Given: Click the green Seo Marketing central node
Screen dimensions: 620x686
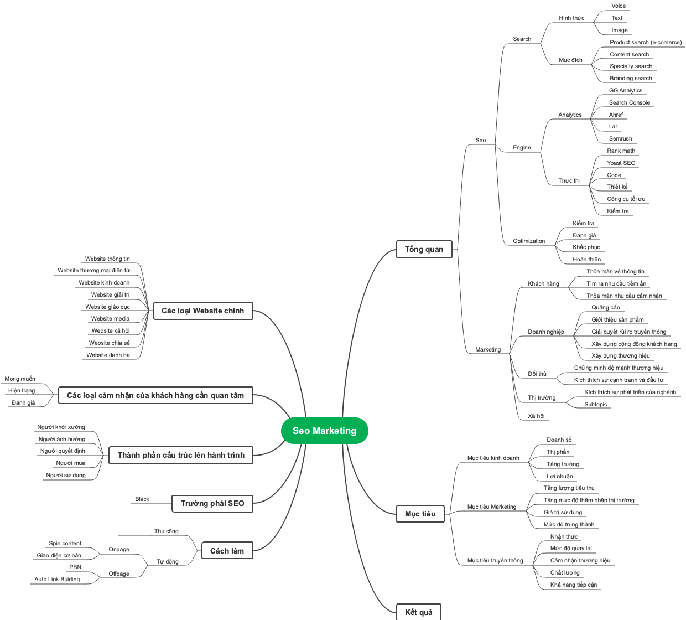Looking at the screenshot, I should pos(325,431).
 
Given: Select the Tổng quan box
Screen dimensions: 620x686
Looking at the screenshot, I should pos(424,249).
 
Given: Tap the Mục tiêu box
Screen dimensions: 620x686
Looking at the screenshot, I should pos(420,514).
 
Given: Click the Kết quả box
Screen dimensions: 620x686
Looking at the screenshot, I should pos(418,612).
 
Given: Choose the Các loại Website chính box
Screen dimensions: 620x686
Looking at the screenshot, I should pos(202,311).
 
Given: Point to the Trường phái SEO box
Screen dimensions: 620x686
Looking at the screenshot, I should pos(212,503).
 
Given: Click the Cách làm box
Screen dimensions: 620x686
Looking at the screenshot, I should pos(227,551).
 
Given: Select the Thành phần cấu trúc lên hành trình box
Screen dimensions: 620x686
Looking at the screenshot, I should pos(181,455).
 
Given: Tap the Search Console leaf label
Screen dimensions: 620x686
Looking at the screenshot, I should pos(630,102).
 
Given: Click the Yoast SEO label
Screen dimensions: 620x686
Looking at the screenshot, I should pos(621,163).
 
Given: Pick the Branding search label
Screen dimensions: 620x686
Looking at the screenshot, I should pos(631,78).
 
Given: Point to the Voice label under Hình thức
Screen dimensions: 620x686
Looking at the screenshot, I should pos(619,6).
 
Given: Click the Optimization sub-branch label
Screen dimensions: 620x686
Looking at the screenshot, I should pos(529,241).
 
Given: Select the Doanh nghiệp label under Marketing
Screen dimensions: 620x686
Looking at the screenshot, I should pos(546,332).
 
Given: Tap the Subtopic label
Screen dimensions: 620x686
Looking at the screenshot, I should pos(596,404).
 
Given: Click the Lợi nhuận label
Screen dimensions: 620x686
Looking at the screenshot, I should pos(560,476).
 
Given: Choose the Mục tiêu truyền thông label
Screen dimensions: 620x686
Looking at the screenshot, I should pos(495,560).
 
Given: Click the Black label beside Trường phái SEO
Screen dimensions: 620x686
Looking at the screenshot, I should pos(142,499).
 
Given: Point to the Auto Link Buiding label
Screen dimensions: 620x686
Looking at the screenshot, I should pos(57,579).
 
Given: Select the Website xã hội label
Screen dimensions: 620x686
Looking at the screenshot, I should pos(111,330).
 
